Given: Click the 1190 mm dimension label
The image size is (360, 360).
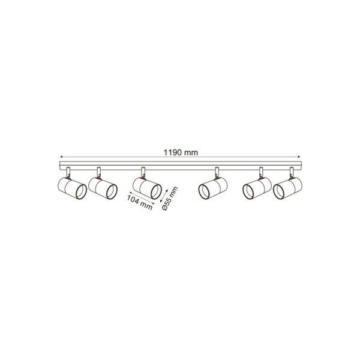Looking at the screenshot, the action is point(181,152).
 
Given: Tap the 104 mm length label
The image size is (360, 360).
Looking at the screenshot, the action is point(140,202).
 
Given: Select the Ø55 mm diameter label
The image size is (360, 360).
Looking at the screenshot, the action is point(170,199).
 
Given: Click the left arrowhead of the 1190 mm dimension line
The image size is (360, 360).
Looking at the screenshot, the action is point(61,157).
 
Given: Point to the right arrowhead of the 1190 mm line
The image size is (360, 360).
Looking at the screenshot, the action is point(299,157).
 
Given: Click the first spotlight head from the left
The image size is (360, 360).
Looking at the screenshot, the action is point(71,188).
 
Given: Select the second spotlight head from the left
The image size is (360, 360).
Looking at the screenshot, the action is point(103,188).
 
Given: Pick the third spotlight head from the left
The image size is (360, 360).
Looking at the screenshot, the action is point(147,188).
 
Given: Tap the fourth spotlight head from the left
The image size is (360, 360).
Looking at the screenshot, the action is point(213,188).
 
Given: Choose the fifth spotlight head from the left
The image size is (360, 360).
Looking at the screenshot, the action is point(257,188).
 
